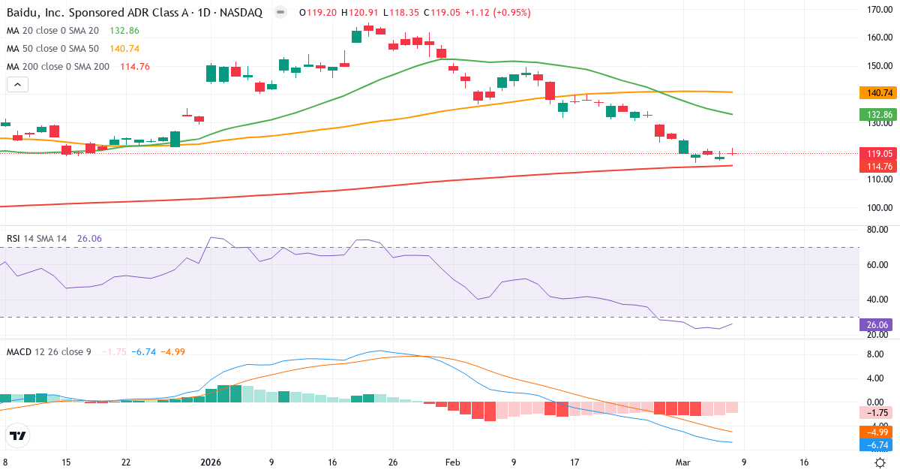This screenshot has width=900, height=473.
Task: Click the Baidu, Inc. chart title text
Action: (x=135, y=13)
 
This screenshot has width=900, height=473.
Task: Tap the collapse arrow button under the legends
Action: (x=17, y=85)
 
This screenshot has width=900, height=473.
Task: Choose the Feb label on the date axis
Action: (x=452, y=462)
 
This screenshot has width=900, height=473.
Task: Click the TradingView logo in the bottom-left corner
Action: (x=17, y=435)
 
